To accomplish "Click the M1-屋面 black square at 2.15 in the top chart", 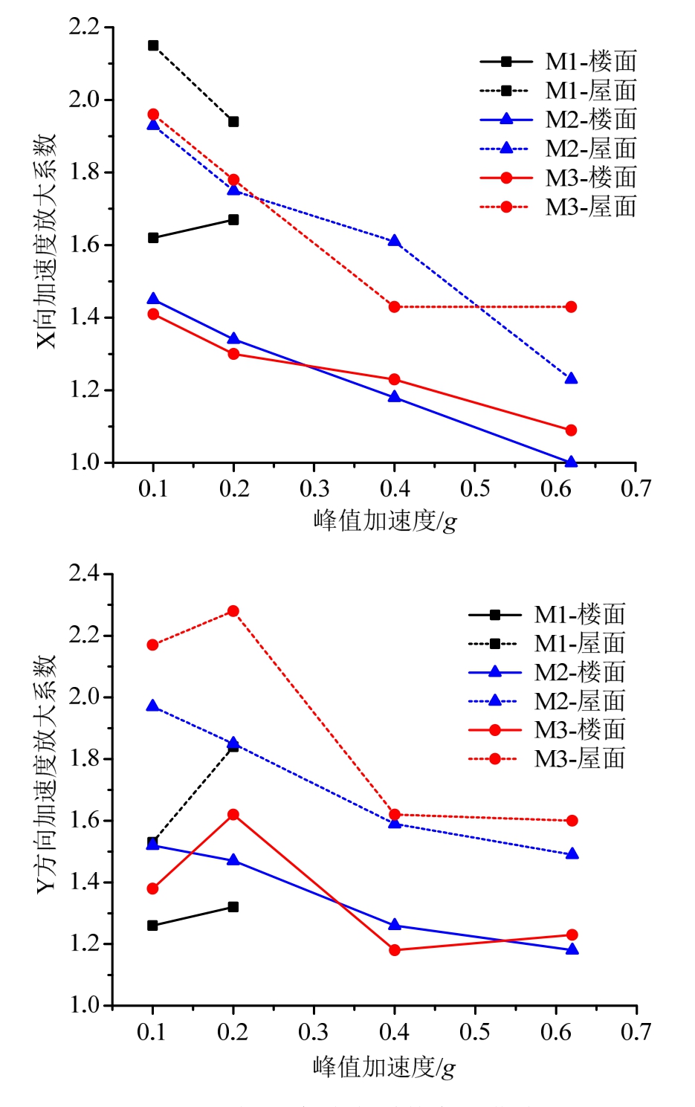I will (x=153, y=45).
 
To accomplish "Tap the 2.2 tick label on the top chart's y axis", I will (x=84, y=28).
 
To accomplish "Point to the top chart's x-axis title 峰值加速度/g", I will (x=384, y=520).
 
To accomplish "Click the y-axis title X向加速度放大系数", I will (x=46, y=242).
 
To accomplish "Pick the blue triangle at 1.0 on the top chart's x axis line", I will (x=571, y=462).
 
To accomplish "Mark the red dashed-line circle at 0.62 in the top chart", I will (x=571, y=307).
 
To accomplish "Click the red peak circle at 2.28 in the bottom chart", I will (x=233, y=611).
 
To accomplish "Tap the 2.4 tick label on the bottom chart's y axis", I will (x=84, y=573).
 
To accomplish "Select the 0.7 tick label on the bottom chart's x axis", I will (x=636, y=1032).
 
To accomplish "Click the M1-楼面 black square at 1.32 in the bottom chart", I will (x=233, y=907).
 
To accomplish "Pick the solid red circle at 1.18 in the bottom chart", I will (x=395, y=950).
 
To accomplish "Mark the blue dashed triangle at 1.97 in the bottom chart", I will (x=153, y=706).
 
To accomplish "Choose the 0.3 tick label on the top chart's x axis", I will (x=314, y=488).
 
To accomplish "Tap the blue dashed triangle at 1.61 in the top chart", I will (x=395, y=241).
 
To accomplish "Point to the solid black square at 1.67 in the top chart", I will (x=233, y=219).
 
